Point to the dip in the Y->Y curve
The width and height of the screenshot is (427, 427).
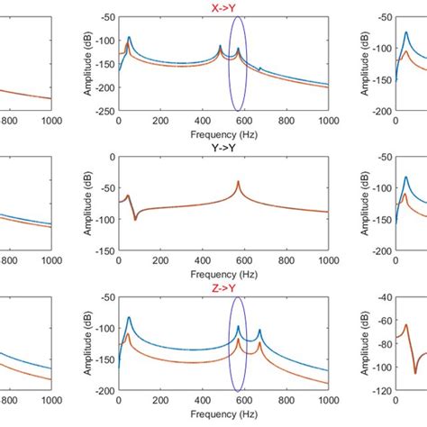(x=135, y=218)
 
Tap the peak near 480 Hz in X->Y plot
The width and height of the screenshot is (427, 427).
(x=220, y=48)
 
